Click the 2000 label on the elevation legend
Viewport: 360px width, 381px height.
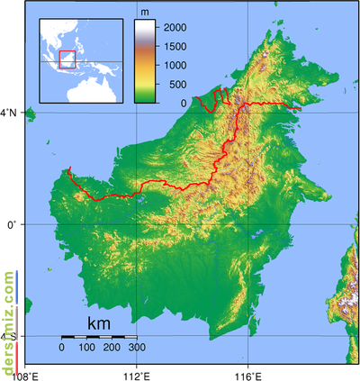pos(175,28)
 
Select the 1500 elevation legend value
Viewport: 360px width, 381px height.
pos(175,46)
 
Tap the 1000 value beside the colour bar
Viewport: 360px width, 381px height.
pos(175,65)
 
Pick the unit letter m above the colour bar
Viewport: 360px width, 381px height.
pos(146,13)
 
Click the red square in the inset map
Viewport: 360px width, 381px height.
pos(66,59)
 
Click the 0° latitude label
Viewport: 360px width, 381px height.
pos(13,224)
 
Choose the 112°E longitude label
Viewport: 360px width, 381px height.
pos(137,374)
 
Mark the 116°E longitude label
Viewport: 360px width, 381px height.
pos(248,374)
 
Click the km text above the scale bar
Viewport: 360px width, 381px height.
pos(100,323)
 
